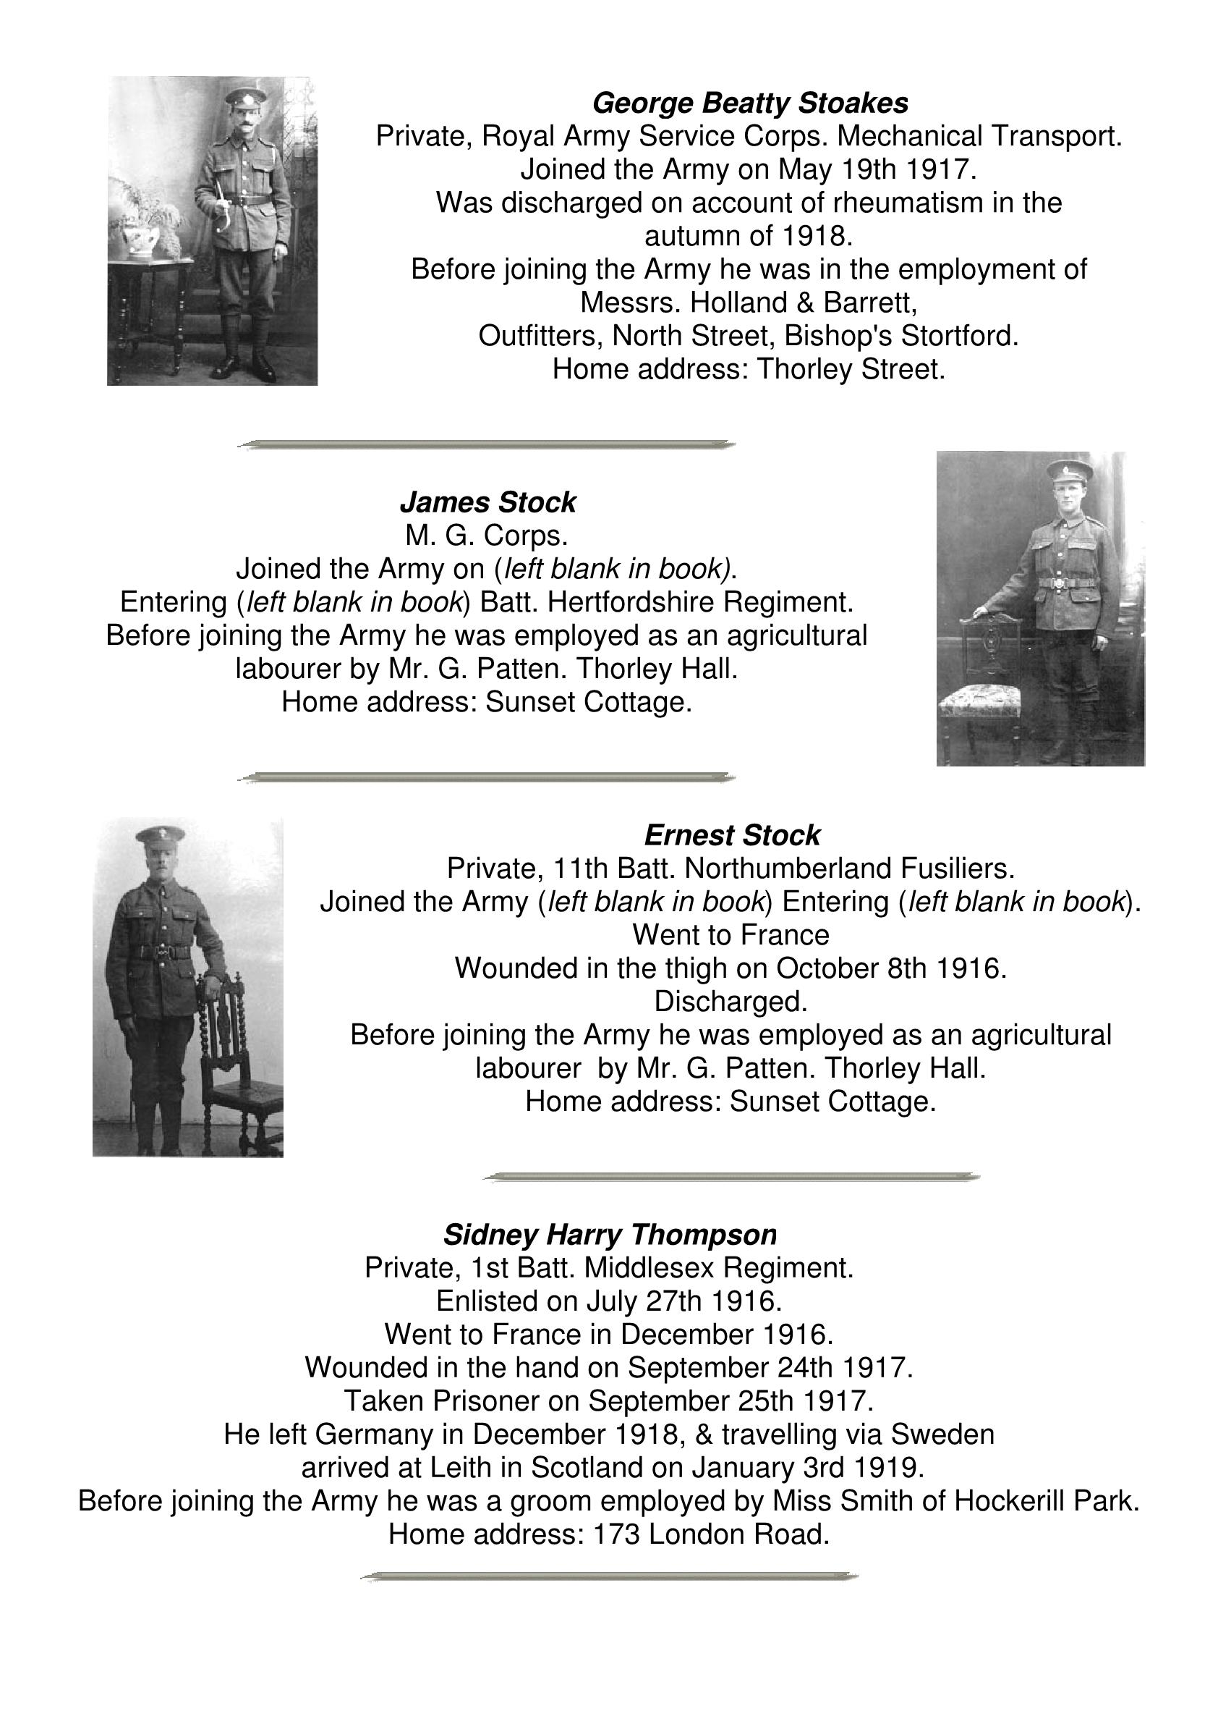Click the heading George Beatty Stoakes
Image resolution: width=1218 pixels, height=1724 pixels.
coord(750,103)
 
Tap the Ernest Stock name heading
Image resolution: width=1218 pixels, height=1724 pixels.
coord(731,835)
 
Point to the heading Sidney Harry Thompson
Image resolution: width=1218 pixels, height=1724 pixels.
coord(610,1235)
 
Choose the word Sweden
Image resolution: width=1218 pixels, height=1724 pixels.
coord(942,1434)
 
